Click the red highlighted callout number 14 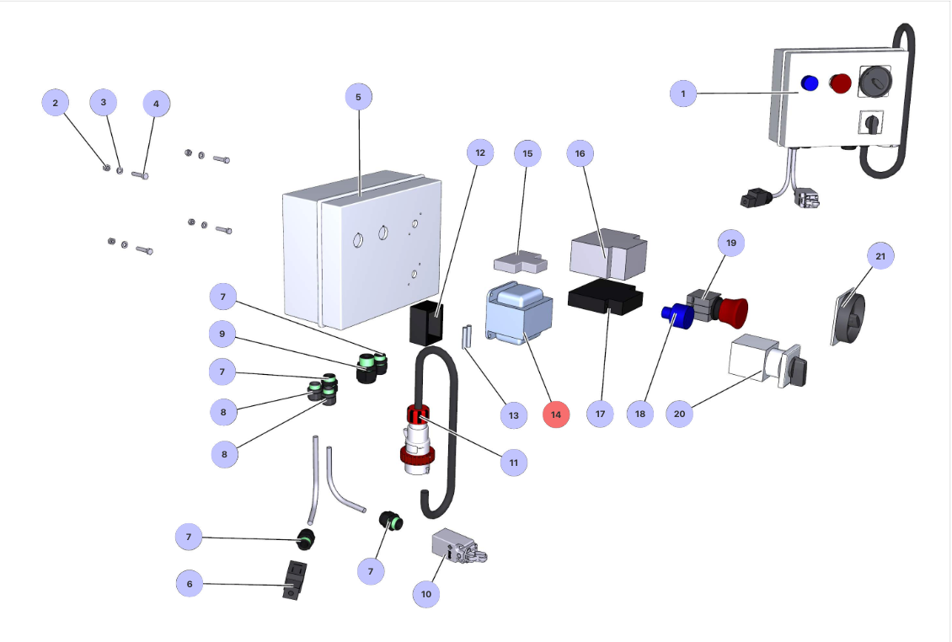556,414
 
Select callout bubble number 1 683,93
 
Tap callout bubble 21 880,255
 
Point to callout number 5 358,97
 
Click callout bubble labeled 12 480,153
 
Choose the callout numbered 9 222,334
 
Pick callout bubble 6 190,583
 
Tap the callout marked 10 426,593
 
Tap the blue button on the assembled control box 810,83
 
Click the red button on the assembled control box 840,83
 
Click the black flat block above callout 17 605,300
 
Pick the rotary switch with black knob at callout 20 767,364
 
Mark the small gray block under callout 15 521,263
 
